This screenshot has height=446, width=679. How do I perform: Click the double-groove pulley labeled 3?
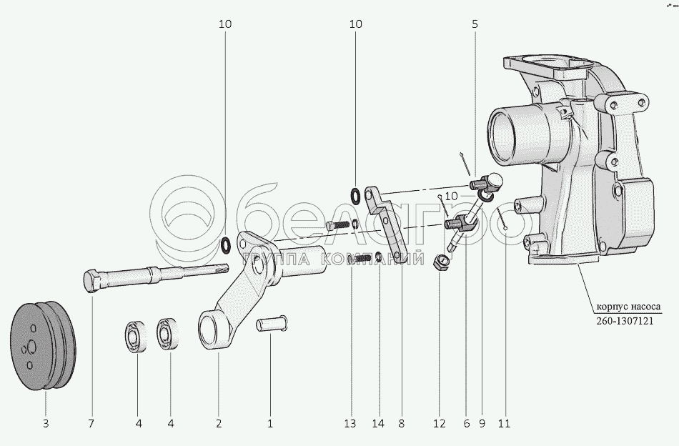[43, 345]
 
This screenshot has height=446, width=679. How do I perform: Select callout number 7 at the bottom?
[91, 423]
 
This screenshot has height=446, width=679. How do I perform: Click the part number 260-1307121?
[625, 321]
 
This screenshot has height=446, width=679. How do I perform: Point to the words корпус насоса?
[628, 307]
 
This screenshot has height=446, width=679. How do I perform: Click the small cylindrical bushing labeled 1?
[272, 324]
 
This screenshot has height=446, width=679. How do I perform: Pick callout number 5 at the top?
[475, 24]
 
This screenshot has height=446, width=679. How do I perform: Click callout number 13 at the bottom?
[350, 423]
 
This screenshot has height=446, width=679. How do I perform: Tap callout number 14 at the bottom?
[378, 423]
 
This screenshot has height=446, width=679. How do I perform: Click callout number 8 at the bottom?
[402, 423]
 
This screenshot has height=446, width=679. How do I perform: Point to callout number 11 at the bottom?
[504, 423]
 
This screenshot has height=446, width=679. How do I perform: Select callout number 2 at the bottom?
[219, 423]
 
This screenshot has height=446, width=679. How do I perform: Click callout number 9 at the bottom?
[482, 423]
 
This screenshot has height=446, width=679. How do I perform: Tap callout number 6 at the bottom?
[467, 423]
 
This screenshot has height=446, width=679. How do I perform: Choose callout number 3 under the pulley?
[46, 423]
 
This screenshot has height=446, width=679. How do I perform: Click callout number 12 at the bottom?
[439, 423]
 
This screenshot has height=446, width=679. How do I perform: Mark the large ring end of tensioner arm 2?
[212, 331]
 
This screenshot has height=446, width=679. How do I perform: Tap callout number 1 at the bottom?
[270, 423]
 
